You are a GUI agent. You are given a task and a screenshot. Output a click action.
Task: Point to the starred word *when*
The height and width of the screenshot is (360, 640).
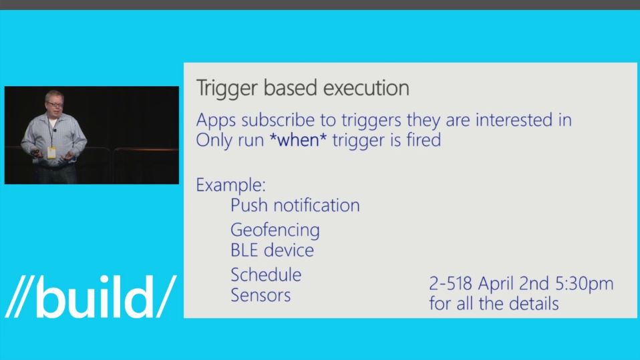coord(298,140)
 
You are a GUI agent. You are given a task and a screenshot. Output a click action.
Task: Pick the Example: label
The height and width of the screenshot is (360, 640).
coord(231,185)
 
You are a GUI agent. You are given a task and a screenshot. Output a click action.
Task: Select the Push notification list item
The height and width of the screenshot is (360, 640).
coord(295,205)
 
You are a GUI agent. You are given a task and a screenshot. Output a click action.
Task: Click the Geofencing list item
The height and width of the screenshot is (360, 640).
coord(275,230)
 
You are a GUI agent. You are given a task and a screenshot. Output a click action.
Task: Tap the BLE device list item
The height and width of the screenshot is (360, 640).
coord(273,250)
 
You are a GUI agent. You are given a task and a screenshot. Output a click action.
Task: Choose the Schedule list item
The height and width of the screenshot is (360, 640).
coord(266,275)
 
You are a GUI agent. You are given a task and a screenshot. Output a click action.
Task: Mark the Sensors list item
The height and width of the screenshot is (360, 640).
coord(261,295)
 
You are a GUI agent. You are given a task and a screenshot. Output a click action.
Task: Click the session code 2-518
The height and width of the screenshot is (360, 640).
coord(451,283)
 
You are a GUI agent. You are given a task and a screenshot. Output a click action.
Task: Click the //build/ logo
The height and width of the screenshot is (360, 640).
coord(90,297)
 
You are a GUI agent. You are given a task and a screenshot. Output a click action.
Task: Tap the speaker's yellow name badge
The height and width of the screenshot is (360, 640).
coord(51,153)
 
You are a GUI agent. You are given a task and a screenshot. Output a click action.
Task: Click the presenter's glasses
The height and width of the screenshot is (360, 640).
coord(55,104)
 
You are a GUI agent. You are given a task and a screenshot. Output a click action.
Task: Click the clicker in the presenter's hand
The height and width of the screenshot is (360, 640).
coord(36,154)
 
